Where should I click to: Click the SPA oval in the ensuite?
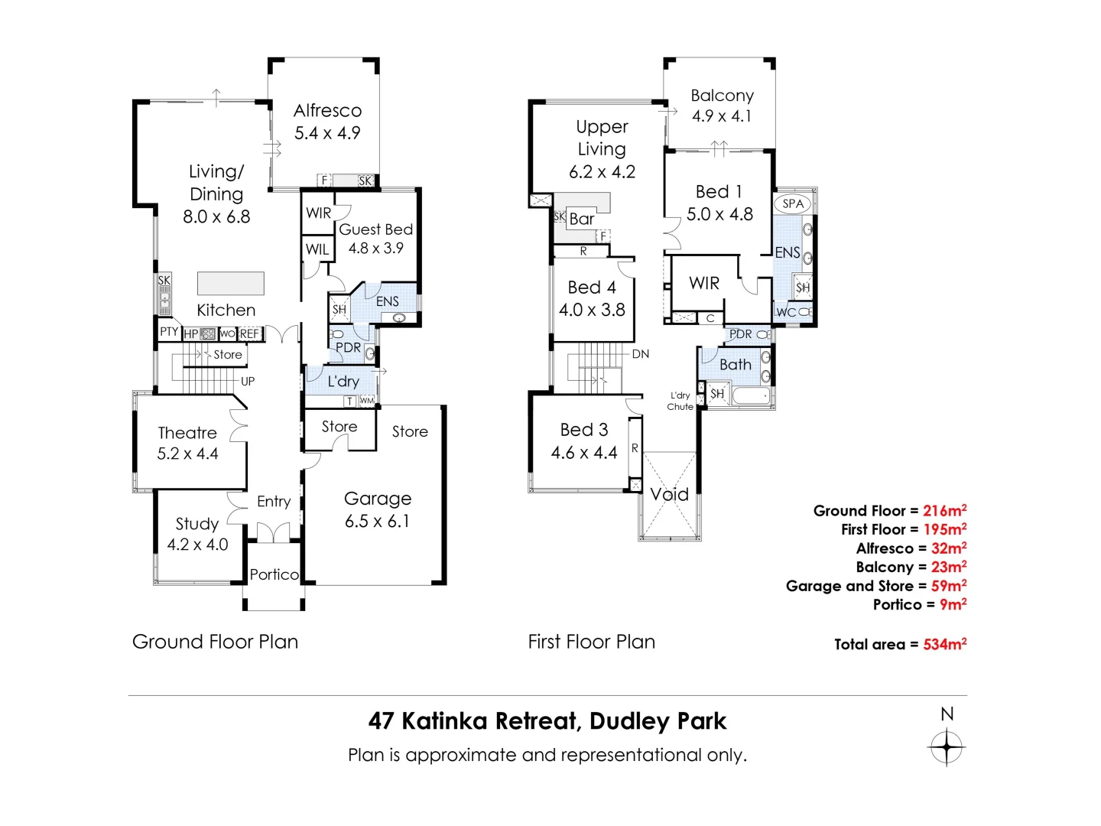(x=793, y=203)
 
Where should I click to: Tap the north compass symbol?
(x=947, y=746)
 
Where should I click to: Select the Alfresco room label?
(x=327, y=111)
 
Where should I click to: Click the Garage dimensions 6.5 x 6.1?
(x=377, y=522)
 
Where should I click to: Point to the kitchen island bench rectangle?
(x=231, y=283)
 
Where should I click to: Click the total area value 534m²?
(x=944, y=644)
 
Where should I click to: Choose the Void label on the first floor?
(x=670, y=494)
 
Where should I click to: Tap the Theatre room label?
(x=187, y=433)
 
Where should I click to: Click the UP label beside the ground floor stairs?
(x=248, y=381)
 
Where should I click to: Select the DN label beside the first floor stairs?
(x=641, y=354)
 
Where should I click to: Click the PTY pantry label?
(x=169, y=332)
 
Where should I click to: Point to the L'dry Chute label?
(x=680, y=402)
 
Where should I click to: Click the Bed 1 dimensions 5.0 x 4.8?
(x=719, y=214)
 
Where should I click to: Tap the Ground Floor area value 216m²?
(x=944, y=510)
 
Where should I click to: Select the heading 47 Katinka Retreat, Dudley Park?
(x=547, y=721)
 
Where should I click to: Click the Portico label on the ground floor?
(x=274, y=574)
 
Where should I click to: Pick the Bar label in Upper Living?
(x=582, y=219)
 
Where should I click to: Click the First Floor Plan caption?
(x=591, y=642)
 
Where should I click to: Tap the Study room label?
(x=197, y=524)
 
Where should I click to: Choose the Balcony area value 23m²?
(x=948, y=567)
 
